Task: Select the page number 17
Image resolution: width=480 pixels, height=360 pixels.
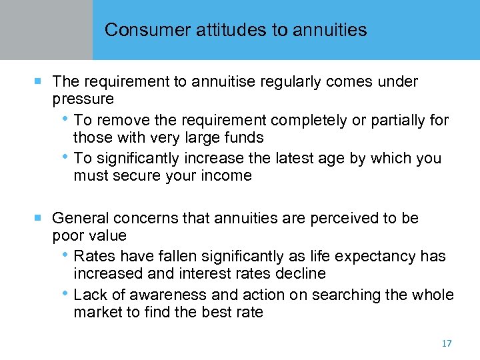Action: [446, 343]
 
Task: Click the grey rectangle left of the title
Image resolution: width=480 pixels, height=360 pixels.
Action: [46, 30]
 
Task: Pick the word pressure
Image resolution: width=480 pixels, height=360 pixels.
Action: [83, 99]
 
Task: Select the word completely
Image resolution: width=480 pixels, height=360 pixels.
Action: [303, 121]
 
